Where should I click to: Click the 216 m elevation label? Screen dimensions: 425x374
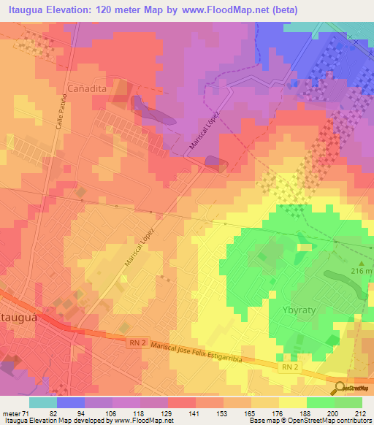pyautogui.click(x=362, y=271)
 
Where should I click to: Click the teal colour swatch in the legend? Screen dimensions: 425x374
pyautogui.click(x=42, y=402)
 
